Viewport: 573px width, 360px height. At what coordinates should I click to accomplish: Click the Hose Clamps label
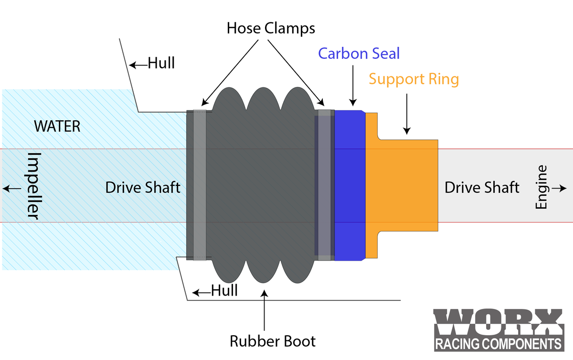pos(271,28)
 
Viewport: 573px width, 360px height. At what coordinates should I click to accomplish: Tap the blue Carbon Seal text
pos(359,53)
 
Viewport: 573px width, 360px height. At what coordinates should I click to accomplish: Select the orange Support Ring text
pos(414,79)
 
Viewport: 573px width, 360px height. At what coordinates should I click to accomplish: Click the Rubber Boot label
pos(273,341)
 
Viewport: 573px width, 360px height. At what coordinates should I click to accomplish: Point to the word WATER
pos(57,127)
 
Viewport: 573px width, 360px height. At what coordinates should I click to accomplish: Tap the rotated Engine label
pos(541,187)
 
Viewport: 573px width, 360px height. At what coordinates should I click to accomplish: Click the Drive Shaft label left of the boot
pos(143,187)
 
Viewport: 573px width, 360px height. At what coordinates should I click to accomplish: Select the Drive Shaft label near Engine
pos(482,187)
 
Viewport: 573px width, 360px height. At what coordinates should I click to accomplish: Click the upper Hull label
pos(161,63)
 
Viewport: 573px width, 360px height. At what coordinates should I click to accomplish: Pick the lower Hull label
pos(224,290)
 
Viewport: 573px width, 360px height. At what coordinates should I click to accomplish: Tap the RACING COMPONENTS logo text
pos(498,344)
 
